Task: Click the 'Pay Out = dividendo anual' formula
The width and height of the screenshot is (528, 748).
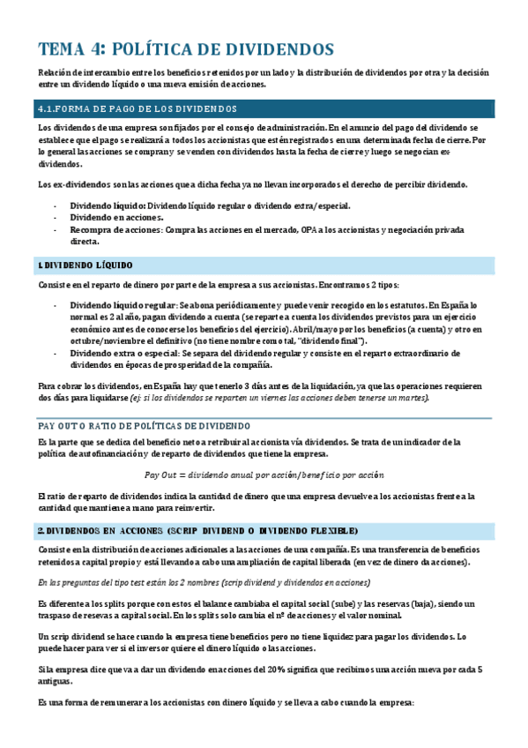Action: coord(264,474)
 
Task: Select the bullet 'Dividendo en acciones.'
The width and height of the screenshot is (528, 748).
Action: coord(111,217)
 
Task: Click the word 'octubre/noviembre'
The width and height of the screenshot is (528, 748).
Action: coord(104,340)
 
